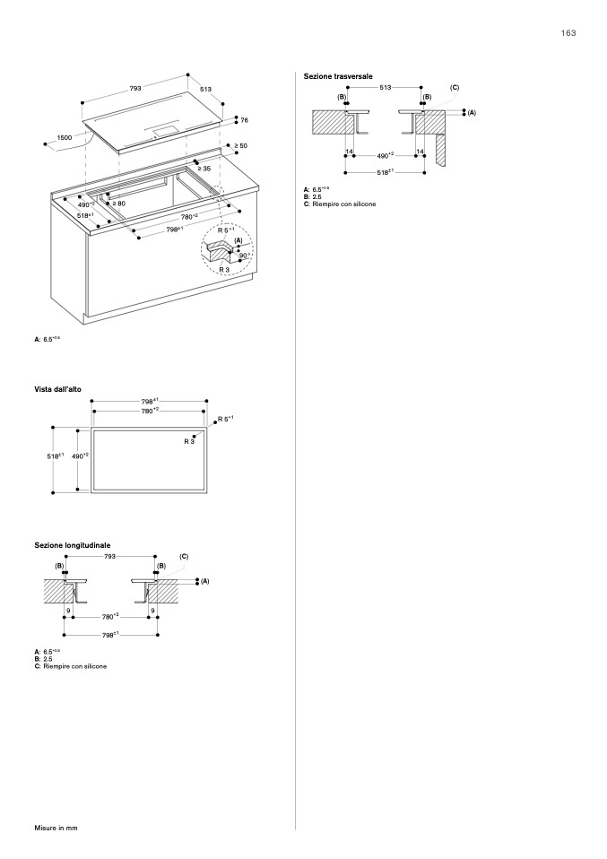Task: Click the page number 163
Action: click(x=568, y=32)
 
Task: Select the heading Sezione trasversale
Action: click(x=338, y=77)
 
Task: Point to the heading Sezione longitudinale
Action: click(x=73, y=545)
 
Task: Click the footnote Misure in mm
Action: click(x=56, y=827)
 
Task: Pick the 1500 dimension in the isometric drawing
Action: click(x=65, y=137)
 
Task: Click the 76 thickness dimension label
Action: click(x=244, y=120)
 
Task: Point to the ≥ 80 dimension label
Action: click(x=118, y=204)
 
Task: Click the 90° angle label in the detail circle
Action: click(x=243, y=255)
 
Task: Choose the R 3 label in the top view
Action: click(x=189, y=441)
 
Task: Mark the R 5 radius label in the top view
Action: click(x=225, y=418)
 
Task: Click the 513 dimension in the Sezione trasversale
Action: click(x=386, y=88)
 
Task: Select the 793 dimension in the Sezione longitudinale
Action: click(x=109, y=557)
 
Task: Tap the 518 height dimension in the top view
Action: click(x=55, y=456)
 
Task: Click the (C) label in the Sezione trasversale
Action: click(x=455, y=88)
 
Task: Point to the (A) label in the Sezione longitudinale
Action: click(x=204, y=581)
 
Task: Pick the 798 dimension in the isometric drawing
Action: click(x=175, y=230)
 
